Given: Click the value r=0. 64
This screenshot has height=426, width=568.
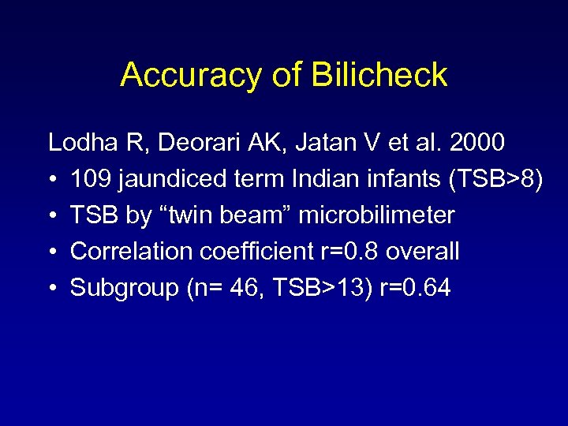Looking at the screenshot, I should coord(415,288).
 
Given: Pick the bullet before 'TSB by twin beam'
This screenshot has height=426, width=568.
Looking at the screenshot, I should coord(52,216).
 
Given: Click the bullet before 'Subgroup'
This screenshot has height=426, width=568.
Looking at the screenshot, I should coord(52,289).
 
